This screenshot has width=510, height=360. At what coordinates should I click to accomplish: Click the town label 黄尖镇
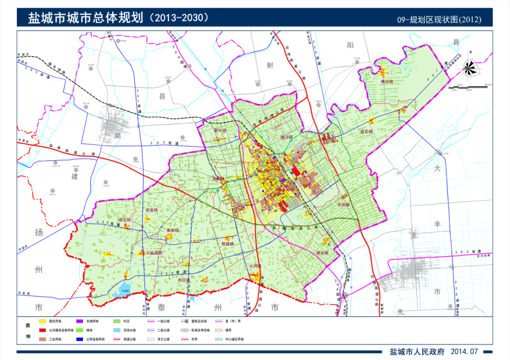click(x=386, y=81)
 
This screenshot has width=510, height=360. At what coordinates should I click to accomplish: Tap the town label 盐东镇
click(x=366, y=132)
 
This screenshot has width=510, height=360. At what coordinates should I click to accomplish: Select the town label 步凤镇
click(x=343, y=204)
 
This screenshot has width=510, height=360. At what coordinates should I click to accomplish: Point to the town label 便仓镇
click(x=322, y=252)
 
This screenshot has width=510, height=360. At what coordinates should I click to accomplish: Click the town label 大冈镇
click(x=255, y=266)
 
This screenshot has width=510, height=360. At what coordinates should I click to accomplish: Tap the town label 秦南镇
click(x=173, y=230)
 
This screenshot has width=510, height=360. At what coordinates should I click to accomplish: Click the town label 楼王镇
click(x=125, y=220)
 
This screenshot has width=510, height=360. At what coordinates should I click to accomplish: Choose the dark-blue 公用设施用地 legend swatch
click(x=79, y=340)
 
